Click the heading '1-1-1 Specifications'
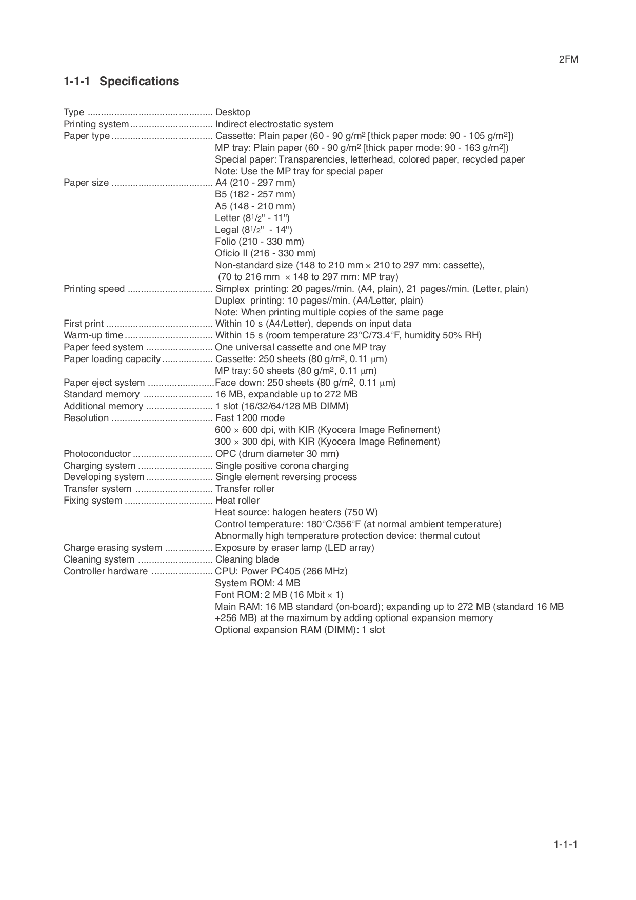[x=121, y=81]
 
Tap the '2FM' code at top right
[x=568, y=59]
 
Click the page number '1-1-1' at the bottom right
[x=565, y=845]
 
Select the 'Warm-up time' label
[x=93, y=335]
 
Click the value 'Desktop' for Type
[x=233, y=112]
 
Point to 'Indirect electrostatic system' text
[x=274, y=124]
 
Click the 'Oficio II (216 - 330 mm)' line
[x=265, y=253]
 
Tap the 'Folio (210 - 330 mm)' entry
[x=259, y=242]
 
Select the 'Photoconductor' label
[x=97, y=454]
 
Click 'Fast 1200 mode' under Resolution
[x=250, y=418]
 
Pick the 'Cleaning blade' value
[x=247, y=559]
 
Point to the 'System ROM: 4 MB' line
[x=257, y=583]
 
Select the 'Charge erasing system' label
[x=112, y=548]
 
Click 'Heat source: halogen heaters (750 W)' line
[x=296, y=512]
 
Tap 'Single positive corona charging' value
[x=282, y=466]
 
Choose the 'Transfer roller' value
[x=245, y=489]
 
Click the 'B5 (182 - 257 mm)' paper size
[x=255, y=194]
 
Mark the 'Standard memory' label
[x=101, y=394]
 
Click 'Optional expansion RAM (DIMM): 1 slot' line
[x=300, y=630]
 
